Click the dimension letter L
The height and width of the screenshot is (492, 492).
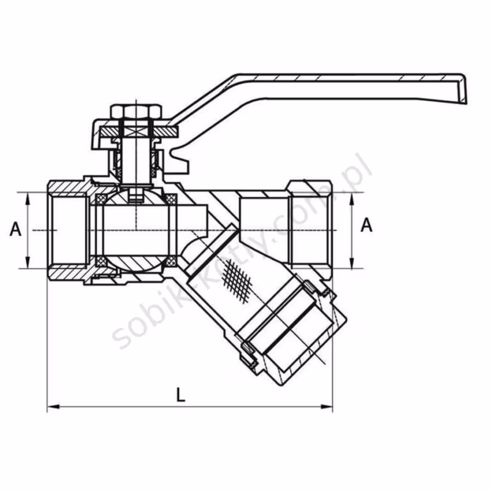(x=181, y=395)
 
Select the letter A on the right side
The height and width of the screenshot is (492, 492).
(x=366, y=225)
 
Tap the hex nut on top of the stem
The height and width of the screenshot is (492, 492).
(x=136, y=111)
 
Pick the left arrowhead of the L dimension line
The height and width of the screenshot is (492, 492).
(x=53, y=407)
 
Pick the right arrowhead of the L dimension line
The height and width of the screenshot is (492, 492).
(x=326, y=407)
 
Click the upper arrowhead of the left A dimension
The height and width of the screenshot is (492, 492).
(x=28, y=198)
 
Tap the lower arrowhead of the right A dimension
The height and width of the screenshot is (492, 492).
(x=352, y=262)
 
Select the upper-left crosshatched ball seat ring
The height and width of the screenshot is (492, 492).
(x=101, y=199)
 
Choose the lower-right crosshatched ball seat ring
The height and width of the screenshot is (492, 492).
(x=171, y=261)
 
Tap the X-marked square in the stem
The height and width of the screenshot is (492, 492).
(x=136, y=131)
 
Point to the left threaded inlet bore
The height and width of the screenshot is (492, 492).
(x=69, y=230)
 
